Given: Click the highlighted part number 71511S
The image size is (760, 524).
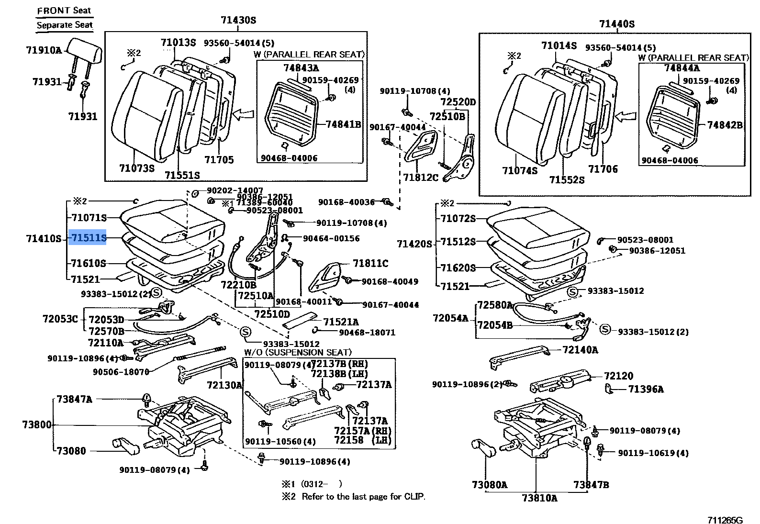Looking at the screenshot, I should pyautogui.click(x=88, y=238).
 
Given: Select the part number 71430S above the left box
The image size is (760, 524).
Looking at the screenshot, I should pyautogui.click(x=238, y=20).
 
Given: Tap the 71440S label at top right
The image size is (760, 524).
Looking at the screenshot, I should pyautogui.click(x=616, y=24).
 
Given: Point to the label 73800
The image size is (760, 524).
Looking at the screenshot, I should pyautogui.click(x=36, y=424).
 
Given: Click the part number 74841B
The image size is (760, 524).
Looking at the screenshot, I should pyautogui.click(x=343, y=124).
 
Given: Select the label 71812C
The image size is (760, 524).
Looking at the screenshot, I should pyautogui.click(x=420, y=178).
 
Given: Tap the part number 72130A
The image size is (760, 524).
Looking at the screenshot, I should pyautogui.click(x=225, y=385).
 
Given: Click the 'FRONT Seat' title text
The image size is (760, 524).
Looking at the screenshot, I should pyautogui.click(x=64, y=11).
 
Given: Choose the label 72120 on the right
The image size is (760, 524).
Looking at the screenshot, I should pyautogui.click(x=618, y=376).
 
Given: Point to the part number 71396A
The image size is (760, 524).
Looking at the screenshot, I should pyautogui.click(x=646, y=389).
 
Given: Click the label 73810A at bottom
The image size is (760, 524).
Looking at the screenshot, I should pyautogui.click(x=539, y=498).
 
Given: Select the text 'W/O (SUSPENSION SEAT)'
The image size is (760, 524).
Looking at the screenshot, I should pyautogui.click(x=297, y=352).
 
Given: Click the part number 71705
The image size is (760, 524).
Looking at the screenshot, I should pyautogui.click(x=219, y=159).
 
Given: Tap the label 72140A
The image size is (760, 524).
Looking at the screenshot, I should pyautogui.click(x=580, y=350).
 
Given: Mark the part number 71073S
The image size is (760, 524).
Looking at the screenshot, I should pyautogui.click(x=136, y=168).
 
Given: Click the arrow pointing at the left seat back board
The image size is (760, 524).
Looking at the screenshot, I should pyautogui.click(x=244, y=114).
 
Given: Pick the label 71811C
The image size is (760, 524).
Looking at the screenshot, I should pyautogui.click(x=370, y=263).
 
